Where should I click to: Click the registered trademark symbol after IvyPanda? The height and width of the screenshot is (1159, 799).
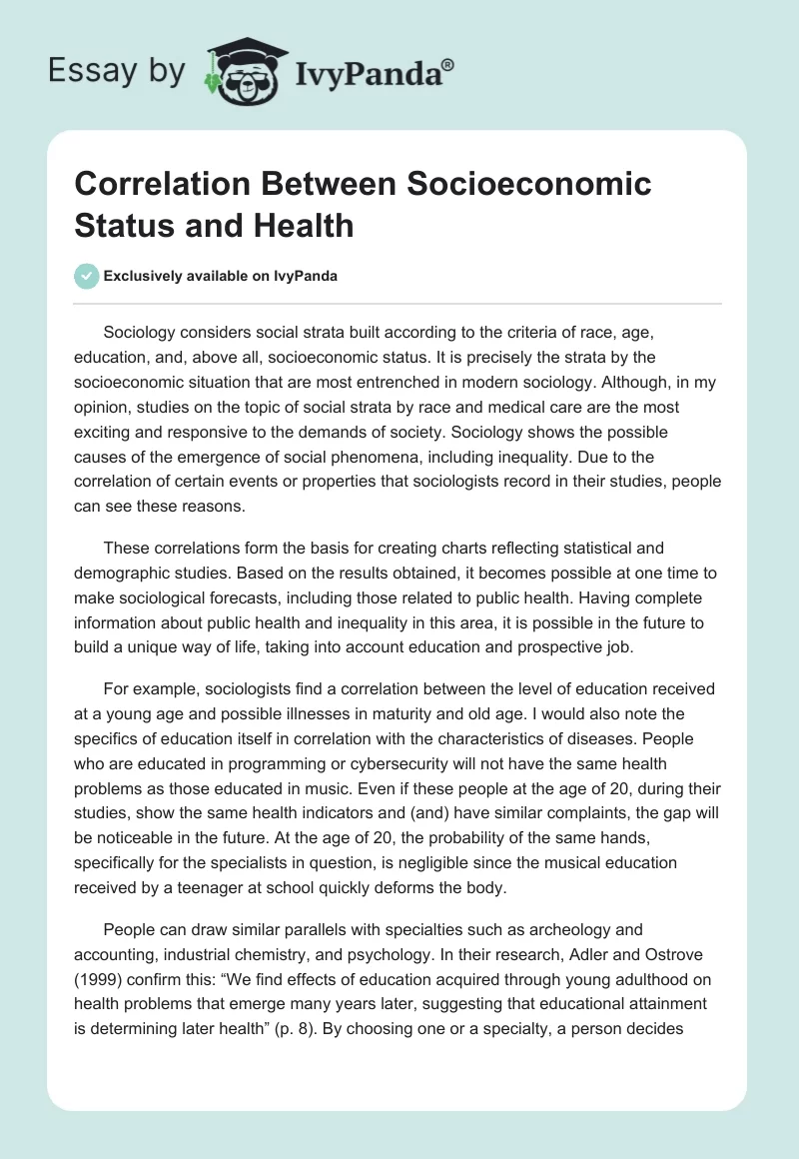[448, 65]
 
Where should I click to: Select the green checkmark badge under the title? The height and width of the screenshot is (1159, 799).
[86, 276]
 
